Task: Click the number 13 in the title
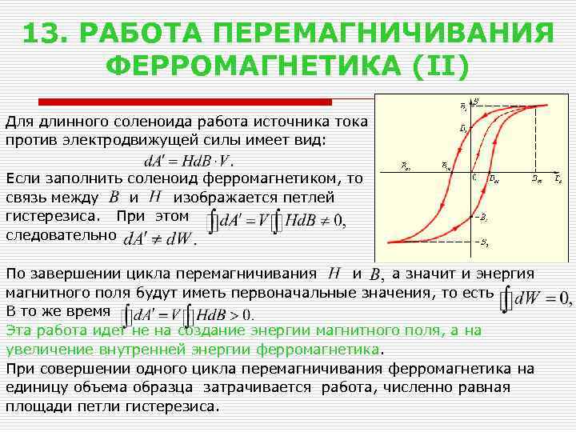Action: pos(45,35)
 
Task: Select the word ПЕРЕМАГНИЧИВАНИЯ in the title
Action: pos(383,35)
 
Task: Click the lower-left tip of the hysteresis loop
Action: pos(389,240)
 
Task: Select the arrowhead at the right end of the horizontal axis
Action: pos(558,171)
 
